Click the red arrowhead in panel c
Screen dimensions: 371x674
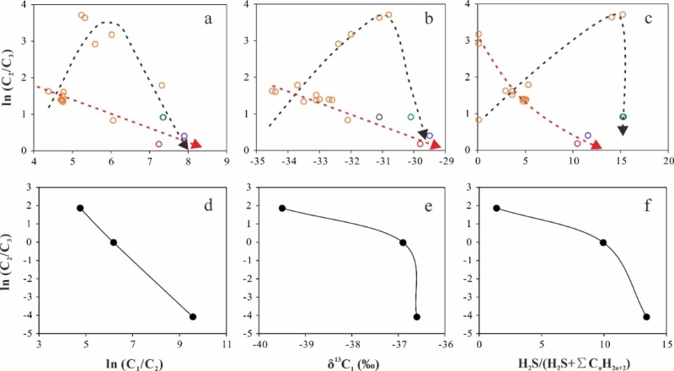596,146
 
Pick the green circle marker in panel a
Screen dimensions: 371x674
163,117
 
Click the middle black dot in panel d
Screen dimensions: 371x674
114,242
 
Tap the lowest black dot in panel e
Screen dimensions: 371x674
417,316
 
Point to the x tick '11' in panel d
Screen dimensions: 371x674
226,345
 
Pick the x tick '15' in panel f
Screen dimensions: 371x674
667,345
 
